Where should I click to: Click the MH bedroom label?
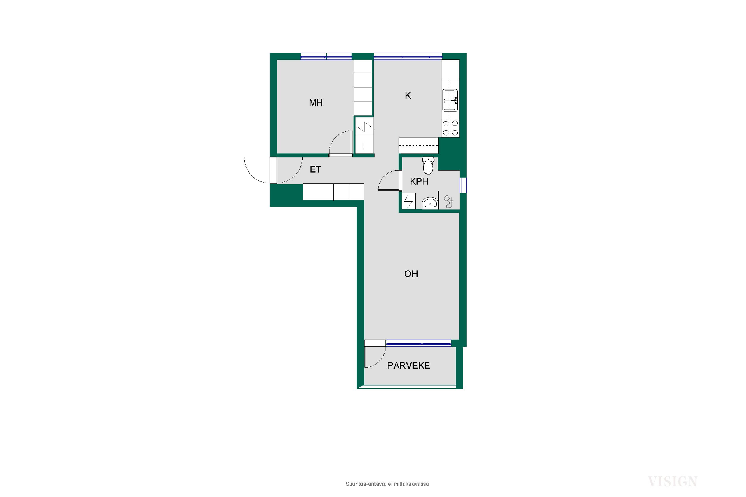click(315, 103)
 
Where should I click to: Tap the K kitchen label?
click(408, 96)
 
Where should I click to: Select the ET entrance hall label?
click(315, 169)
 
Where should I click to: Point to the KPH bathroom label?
click(419, 181)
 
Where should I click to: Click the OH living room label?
click(411, 274)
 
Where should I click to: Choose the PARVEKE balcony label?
click(408, 366)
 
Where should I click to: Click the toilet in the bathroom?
click(428, 165)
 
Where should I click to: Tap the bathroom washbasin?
click(430, 203)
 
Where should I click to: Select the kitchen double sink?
click(450, 100)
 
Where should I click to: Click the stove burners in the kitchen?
click(450, 128)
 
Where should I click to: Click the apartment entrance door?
click(273, 170)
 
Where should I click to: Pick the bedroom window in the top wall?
click(326, 57)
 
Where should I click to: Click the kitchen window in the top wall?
click(408, 57)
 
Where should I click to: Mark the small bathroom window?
click(463, 185)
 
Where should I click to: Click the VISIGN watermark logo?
click(673, 482)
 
